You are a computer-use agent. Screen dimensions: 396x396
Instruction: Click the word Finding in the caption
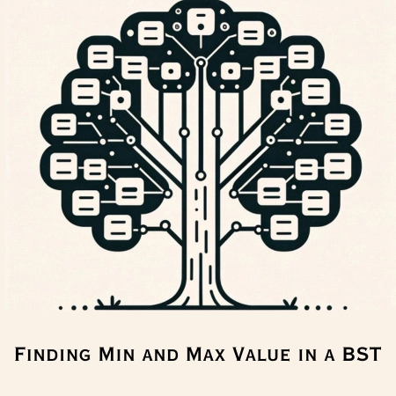(53, 354)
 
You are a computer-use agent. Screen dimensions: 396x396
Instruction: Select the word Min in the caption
(117, 354)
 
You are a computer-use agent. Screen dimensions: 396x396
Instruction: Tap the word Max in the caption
(206, 354)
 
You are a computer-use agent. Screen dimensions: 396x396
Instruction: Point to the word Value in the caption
(261, 354)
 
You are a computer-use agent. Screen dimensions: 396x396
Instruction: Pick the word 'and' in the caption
(160, 356)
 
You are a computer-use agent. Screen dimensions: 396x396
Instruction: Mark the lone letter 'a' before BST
(329, 356)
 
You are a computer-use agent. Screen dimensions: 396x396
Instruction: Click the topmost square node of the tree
(201, 22)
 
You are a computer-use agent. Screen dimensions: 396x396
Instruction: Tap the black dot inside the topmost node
(201, 27)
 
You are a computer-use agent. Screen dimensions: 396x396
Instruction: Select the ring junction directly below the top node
(201, 62)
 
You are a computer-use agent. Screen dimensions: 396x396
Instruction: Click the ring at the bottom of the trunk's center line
(201, 176)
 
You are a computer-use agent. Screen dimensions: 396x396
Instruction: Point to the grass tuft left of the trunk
(109, 302)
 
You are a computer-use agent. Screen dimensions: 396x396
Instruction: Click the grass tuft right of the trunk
(290, 302)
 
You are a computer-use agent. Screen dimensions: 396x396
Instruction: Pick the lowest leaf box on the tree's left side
(118, 227)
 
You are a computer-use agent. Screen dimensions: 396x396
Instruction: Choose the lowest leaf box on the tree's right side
(284, 227)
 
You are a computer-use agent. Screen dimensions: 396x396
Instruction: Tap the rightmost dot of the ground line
(345, 308)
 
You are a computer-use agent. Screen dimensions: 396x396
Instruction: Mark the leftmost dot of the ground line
(61, 308)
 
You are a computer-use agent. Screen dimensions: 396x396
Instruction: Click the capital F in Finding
(19, 354)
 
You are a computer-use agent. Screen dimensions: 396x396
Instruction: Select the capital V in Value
(239, 354)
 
